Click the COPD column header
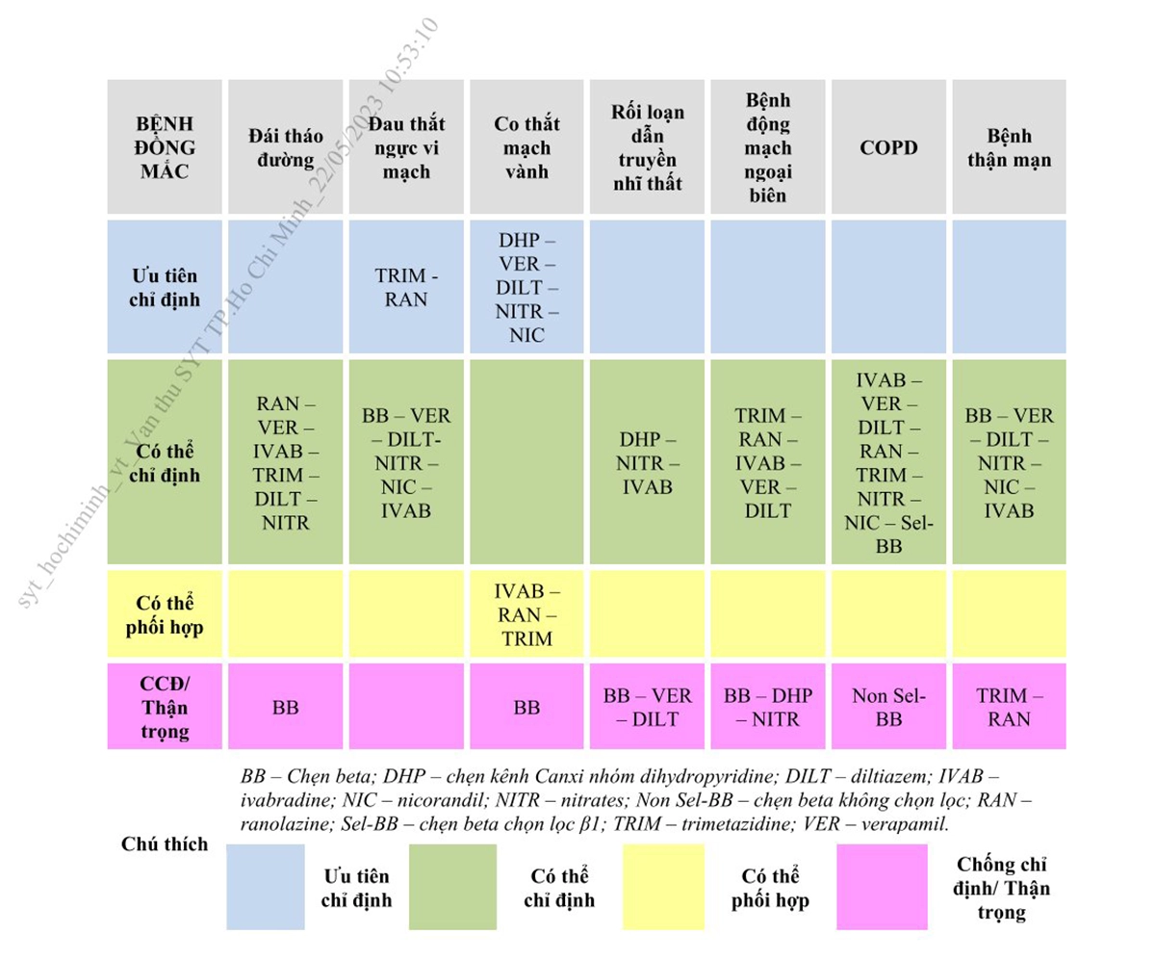(x=888, y=146)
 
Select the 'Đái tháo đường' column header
(x=286, y=146)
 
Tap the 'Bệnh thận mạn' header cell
(x=1009, y=146)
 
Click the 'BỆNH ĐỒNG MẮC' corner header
(x=165, y=146)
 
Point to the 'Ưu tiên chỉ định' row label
(x=165, y=287)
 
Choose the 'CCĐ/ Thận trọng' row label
(x=165, y=706)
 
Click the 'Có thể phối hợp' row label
(x=165, y=613)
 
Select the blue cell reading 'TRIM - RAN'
(x=406, y=287)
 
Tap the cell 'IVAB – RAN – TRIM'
(x=526, y=613)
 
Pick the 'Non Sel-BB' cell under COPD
(x=888, y=706)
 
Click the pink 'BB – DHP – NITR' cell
(x=768, y=706)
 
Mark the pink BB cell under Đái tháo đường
(x=286, y=706)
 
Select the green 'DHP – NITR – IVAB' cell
(x=647, y=461)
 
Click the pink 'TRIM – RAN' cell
(x=1009, y=706)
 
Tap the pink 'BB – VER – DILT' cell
(x=647, y=706)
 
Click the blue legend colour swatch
(x=266, y=887)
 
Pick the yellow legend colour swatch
(x=664, y=887)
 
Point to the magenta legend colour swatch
(x=882, y=887)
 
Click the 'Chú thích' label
(x=165, y=843)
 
